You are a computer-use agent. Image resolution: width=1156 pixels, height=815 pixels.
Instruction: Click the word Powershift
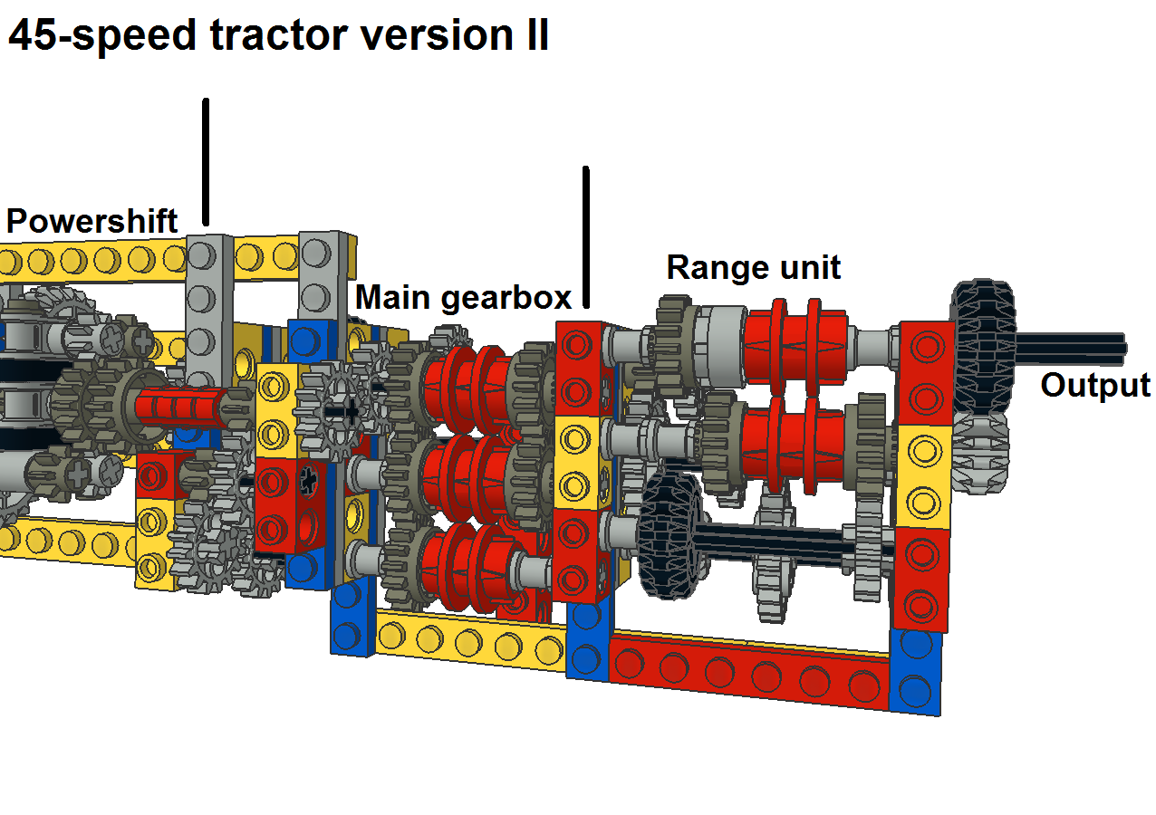[x=92, y=221]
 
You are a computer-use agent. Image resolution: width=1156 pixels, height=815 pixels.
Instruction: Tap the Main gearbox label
[x=463, y=297]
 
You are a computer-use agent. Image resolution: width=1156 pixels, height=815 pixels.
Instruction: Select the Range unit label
[x=753, y=267]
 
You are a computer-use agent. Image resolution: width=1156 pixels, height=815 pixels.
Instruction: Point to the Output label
[x=1094, y=385]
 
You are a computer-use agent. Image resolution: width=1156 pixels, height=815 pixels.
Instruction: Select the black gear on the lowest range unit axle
[x=670, y=534]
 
